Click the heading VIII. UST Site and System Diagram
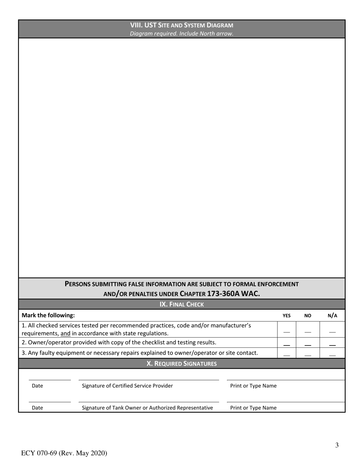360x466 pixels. point(182,25)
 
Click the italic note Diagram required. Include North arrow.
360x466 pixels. point(182,33)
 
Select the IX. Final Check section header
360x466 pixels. point(182,304)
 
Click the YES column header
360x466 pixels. point(286,316)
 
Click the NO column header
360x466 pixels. point(308,316)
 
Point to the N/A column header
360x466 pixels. point(332,315)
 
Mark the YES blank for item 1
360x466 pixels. point(286,332)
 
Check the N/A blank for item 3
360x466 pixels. point(332,355)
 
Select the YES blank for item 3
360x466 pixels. point(286,355)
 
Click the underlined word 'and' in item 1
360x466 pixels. point(65,333)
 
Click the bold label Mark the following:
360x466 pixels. point(48,315)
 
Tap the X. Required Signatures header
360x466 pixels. point(182,364)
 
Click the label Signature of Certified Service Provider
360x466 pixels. point(127,386)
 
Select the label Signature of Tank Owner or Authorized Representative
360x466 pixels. point(147,408)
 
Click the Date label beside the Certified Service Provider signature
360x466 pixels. point(37,386)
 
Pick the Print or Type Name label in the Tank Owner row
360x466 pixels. point(253,408)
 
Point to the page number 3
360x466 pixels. point(337,445)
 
